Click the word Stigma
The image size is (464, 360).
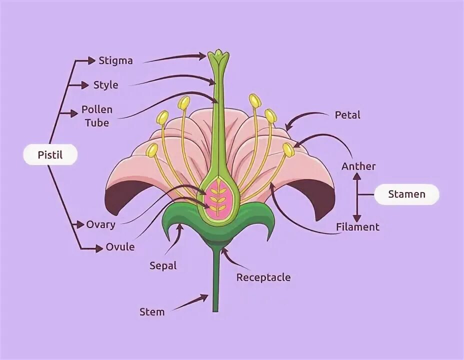coord(115,60)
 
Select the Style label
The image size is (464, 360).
coord(106,84)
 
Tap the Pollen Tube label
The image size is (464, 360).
coord(97,115)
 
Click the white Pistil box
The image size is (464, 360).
coord(50,155)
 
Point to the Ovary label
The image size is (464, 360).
coord(100,224)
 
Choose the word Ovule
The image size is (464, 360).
coord(120,247)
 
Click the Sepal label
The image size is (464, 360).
coord(163,265)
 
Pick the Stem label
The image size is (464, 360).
coord(152,312)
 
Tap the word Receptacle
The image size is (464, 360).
coord(263,277)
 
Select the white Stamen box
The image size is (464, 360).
coord(406,194)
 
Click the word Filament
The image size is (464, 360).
coord(357,227)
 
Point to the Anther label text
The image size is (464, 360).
coord(358,166)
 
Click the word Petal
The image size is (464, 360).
coord(347,115)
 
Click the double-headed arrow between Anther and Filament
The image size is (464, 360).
coord(356,197)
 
